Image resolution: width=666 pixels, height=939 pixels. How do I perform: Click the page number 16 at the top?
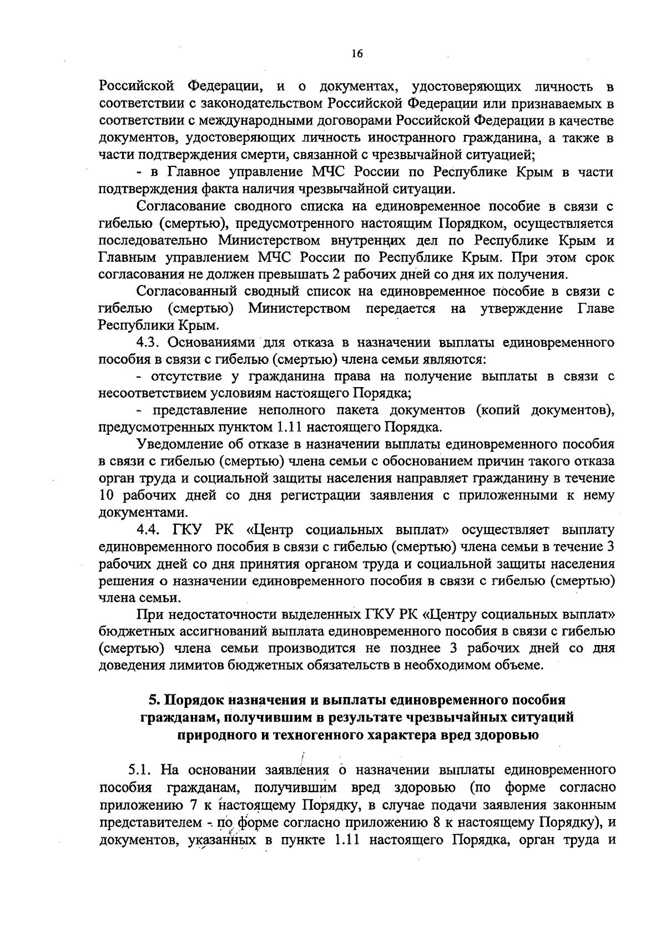(356, 54)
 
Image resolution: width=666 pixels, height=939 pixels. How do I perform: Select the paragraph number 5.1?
(140, 770)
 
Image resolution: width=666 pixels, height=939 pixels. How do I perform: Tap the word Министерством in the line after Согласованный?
(299, 309)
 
